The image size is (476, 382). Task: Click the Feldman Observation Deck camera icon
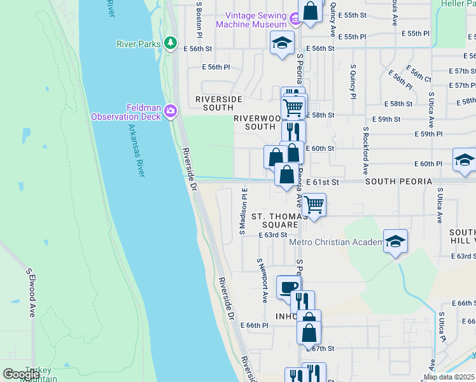(x=170, y=111)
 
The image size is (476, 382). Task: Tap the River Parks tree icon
(x=170, y=43)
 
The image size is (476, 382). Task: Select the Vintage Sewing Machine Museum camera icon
(x=295, y=20)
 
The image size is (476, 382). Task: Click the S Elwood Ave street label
(x=30, y=293)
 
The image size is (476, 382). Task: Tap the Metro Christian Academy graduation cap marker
(x=395, y=242)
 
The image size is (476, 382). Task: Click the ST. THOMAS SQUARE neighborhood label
(x=275, y=221)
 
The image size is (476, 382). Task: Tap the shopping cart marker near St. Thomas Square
(x=314, y=205)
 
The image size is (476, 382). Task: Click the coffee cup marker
(x=288, y=287)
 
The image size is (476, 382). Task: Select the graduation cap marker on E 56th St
(x=282, y=43)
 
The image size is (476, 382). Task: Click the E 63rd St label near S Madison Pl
(x=273, y=235)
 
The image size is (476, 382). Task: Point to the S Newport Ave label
(x=262, y=280)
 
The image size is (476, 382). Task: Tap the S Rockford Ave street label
(x=366, y=150)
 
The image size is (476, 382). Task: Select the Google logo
(x=21, y=374)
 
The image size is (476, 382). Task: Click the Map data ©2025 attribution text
(x=448, y=377)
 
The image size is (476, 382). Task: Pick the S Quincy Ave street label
(x=352, y=81)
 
